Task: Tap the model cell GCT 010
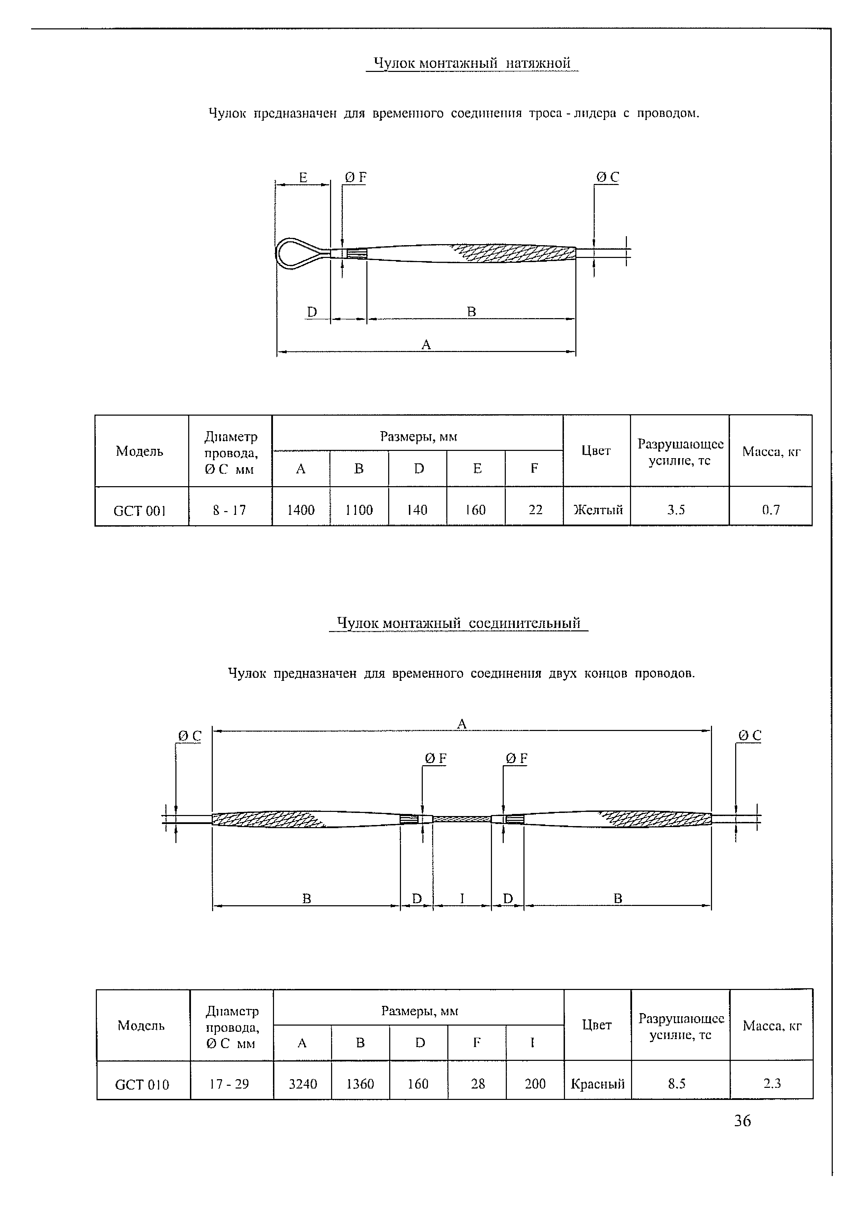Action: click(142, 1085)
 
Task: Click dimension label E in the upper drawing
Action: click(303, 177)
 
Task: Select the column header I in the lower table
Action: click(532, 1042)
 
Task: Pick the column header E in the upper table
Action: click(477, 469)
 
